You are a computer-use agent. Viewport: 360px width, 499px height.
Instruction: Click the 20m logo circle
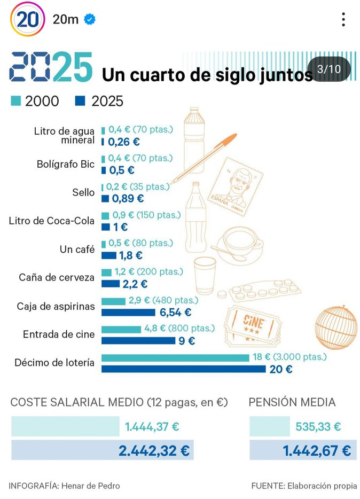(x=27, y=19)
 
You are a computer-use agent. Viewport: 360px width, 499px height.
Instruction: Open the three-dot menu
(x=343, y=20)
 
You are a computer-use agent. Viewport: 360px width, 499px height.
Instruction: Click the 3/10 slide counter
(x=329, y=69)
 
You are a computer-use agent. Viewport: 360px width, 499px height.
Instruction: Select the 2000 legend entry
(x=35, y=101)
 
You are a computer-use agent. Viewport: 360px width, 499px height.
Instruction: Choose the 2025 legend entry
(x=100, y=101)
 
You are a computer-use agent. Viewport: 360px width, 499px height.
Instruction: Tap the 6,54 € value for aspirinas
(x=175, y=312)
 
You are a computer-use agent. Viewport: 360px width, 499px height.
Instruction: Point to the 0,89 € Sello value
(x=128, y=198)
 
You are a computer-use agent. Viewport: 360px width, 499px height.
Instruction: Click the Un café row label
(x=78, y=250)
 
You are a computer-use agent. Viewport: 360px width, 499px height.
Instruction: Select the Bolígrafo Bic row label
(x=66, y=164)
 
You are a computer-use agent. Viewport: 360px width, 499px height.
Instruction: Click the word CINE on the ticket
(x=252, y=321)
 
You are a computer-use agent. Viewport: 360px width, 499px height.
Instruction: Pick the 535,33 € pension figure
(x=318, y=427)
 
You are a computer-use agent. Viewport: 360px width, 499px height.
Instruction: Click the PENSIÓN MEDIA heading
(x=292, y=402)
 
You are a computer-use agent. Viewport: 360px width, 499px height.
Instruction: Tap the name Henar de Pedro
(x=91, y=486)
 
